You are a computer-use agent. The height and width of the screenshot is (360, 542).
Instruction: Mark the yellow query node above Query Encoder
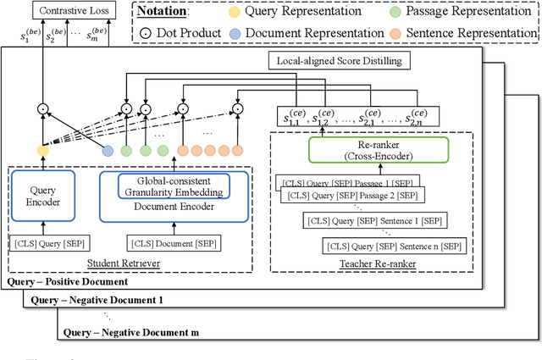[x=43, y=152]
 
